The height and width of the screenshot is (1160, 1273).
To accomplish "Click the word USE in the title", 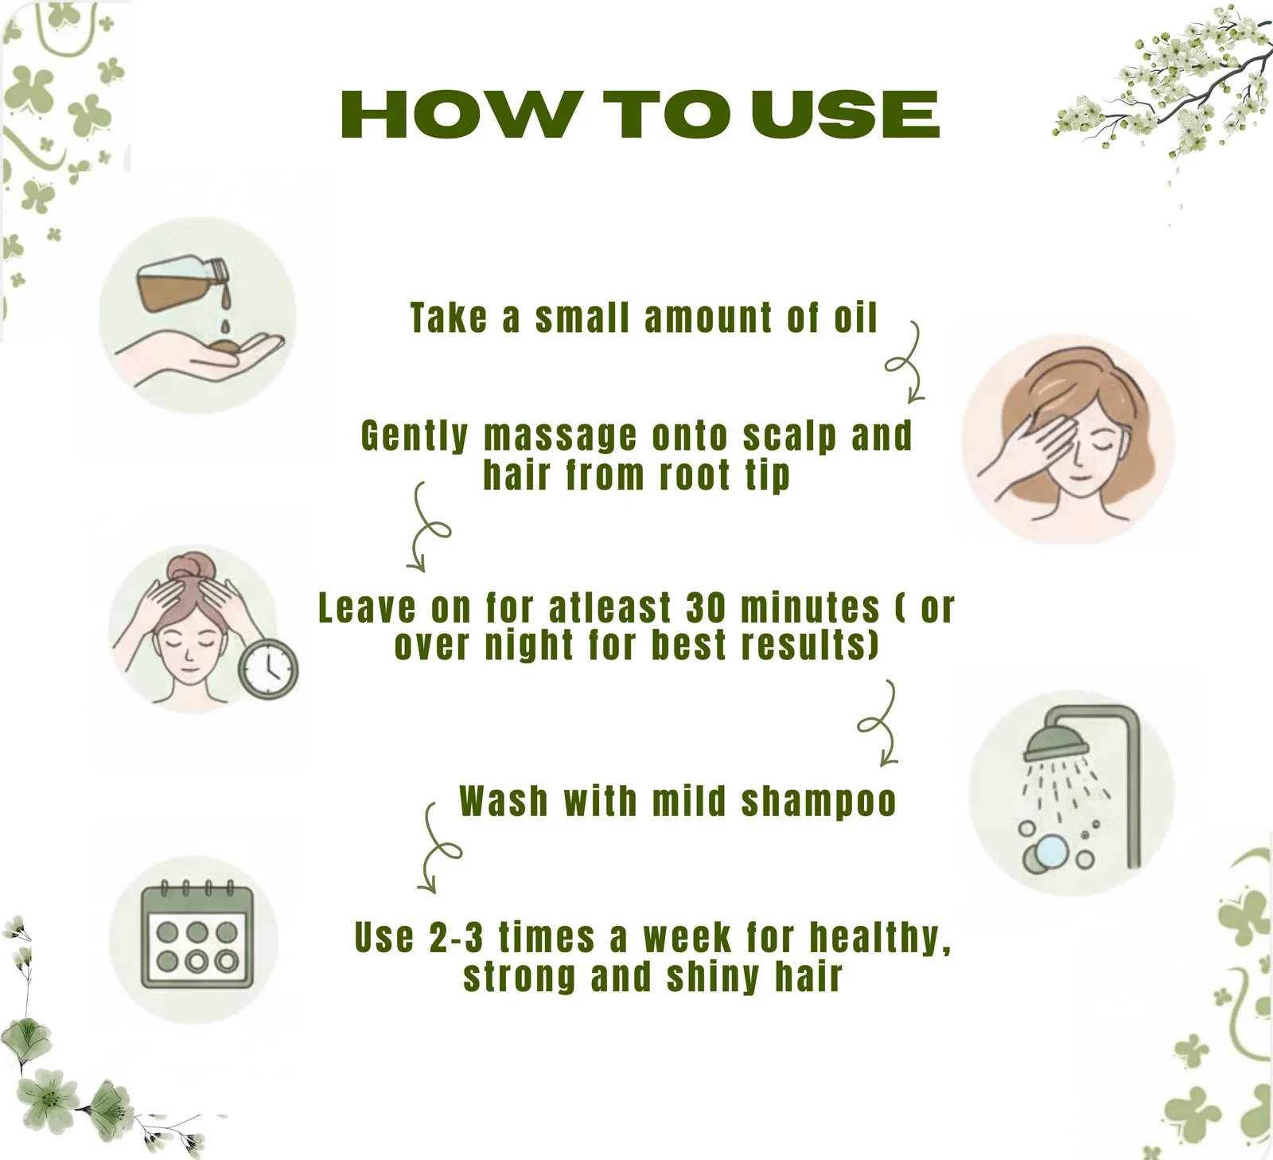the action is tap(846, 114).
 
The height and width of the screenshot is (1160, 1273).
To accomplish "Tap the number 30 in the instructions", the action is tap(706, 608).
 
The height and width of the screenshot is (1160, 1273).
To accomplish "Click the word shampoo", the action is tap(819, 802).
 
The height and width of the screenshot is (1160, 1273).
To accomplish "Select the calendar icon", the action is tap(197, 935).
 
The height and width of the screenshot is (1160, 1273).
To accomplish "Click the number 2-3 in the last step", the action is tap(456, 937).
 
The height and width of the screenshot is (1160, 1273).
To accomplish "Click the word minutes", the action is tap(810, 608).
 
